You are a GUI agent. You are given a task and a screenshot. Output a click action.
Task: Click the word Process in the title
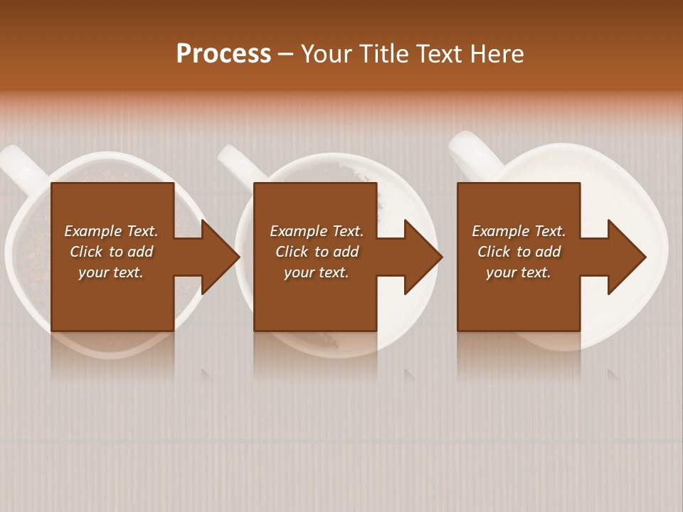[223, 54]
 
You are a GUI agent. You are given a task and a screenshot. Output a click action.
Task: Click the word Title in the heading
[384, 54]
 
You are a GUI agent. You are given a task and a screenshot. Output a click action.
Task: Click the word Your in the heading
[328, 54]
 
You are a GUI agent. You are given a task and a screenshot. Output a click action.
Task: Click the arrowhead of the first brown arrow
[220, 257]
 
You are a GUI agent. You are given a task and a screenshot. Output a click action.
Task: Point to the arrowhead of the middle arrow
[423, 257]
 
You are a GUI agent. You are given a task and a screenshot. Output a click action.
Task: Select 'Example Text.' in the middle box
[316, 231]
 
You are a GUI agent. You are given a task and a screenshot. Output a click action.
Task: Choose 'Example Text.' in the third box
[519, 231]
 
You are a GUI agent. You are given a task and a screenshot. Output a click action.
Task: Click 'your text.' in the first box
[110, 272]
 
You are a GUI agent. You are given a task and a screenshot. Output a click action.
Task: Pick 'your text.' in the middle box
[316, 272]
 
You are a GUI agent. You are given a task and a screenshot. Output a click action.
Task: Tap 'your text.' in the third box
[519, 272]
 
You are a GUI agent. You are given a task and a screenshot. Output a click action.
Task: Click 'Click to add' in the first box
[111, 252]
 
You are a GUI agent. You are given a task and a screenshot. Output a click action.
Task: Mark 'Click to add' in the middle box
[317, 252]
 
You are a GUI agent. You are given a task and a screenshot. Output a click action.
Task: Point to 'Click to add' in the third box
[519, 252]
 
